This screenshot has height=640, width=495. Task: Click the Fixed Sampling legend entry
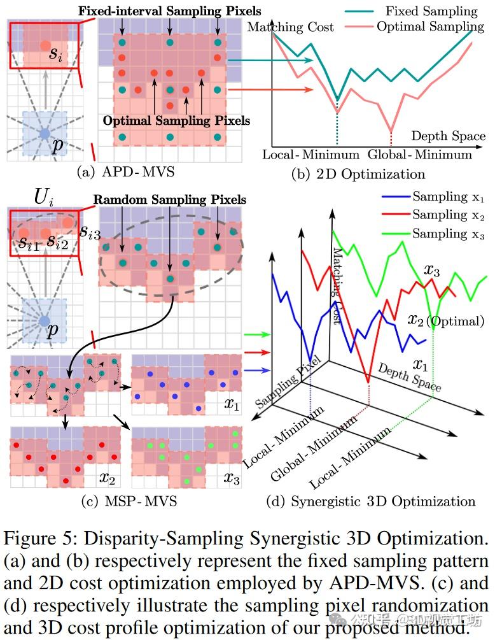[431, 11]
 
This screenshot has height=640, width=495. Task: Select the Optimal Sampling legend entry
[430, 26]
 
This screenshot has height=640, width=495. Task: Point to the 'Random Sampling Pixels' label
[169, 199]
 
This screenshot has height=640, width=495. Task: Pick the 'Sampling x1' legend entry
[448, 197]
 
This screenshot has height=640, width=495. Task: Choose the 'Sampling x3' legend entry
[448, 234]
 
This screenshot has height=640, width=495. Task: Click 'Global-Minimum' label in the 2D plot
[420, 154]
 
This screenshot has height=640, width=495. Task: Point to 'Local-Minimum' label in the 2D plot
[310, 154]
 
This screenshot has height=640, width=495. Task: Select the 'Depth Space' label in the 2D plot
[448, 136]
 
